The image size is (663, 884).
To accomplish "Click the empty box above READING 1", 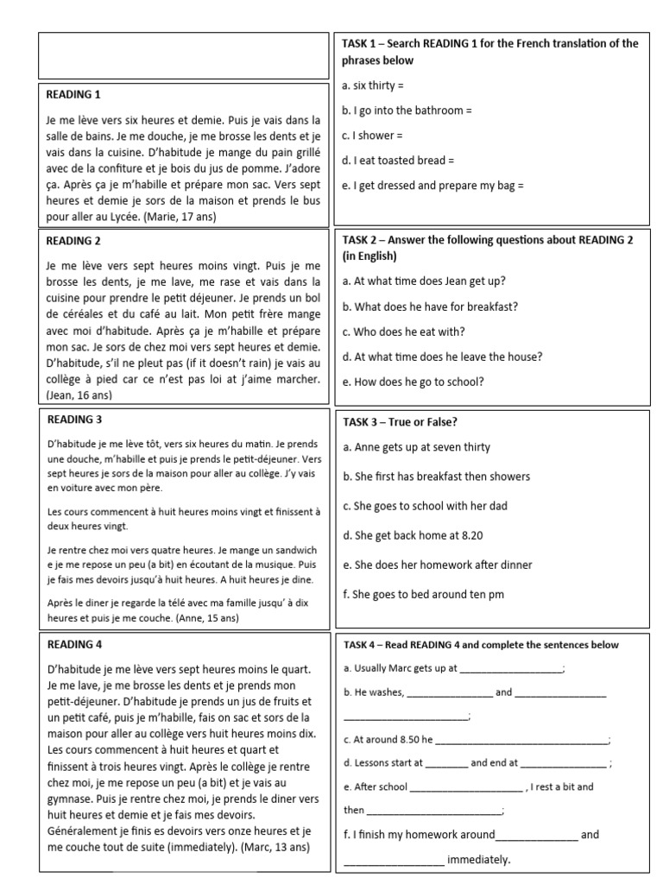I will coord(183,56).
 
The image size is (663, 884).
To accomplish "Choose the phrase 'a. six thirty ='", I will coord(373,86).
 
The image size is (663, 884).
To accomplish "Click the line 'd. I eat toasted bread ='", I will coord(398,160).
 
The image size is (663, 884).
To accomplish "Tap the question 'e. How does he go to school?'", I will coord(413,382).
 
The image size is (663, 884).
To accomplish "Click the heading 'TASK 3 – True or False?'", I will coord(400,421).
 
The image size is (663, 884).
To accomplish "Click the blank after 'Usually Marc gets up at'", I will coord(511,668).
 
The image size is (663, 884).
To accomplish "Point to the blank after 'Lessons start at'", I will coord(446,763).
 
